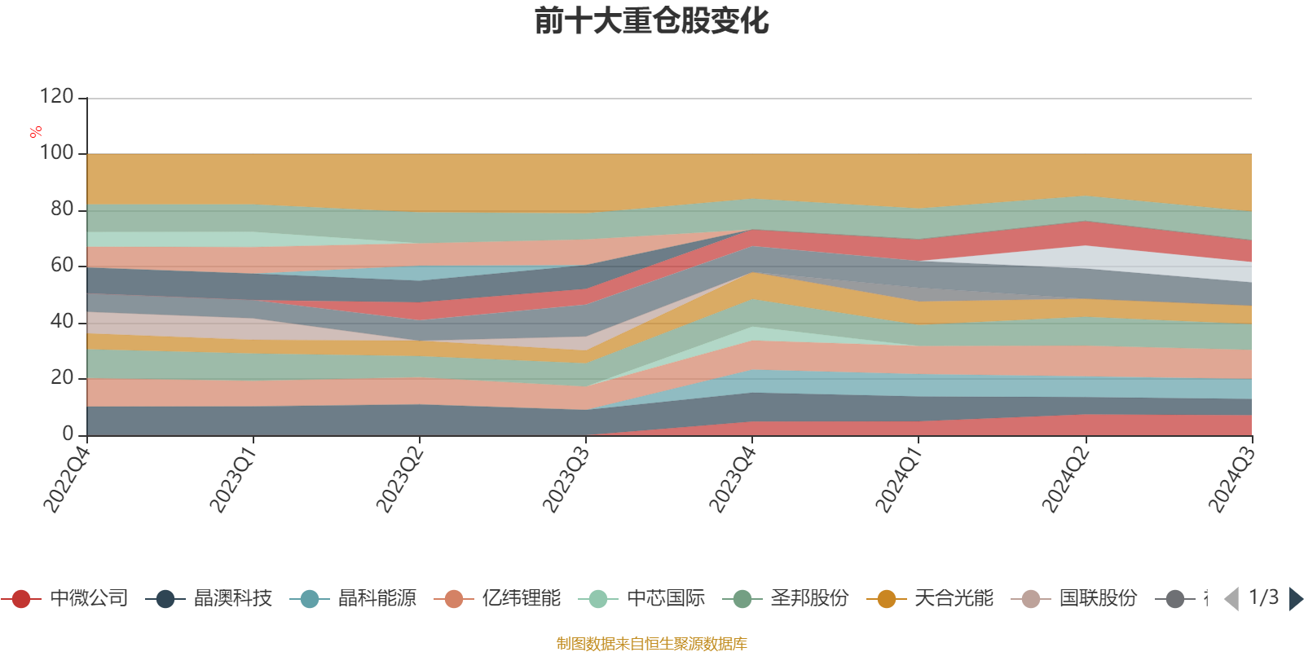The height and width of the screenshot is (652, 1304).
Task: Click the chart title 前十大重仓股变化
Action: coord(652,21)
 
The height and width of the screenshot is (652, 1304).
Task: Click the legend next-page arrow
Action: coord(1295,599)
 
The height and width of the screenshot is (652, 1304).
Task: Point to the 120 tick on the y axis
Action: coord(57,97)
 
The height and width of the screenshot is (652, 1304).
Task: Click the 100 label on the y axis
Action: coord(57,153)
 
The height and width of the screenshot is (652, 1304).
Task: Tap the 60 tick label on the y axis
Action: coord(62,266)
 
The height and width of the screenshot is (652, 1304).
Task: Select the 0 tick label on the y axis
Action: coord(68,434)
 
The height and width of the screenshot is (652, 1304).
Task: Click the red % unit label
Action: coord(35,132)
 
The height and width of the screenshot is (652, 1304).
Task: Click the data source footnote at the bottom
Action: coord(652,644)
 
